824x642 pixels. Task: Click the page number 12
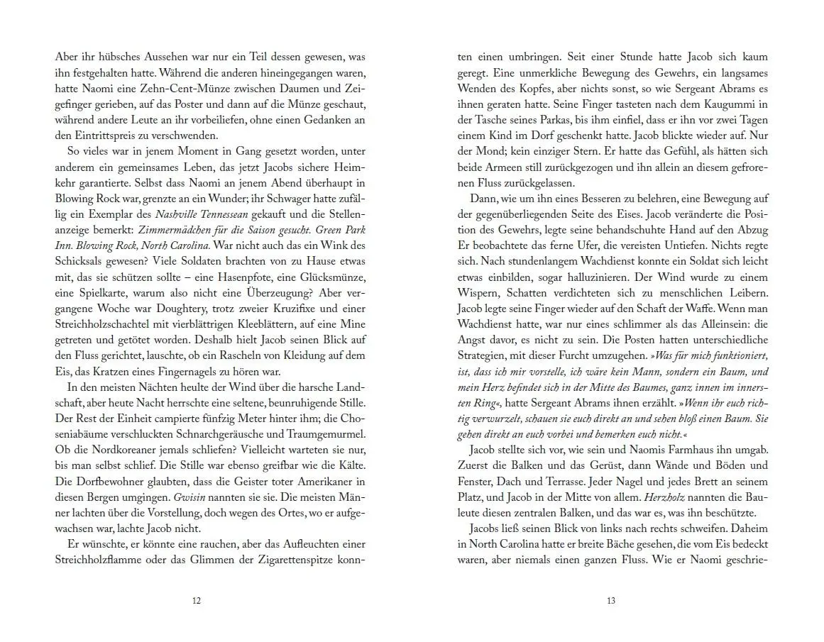[x=197, y=601]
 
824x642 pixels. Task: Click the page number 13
[x=611, y=601]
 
